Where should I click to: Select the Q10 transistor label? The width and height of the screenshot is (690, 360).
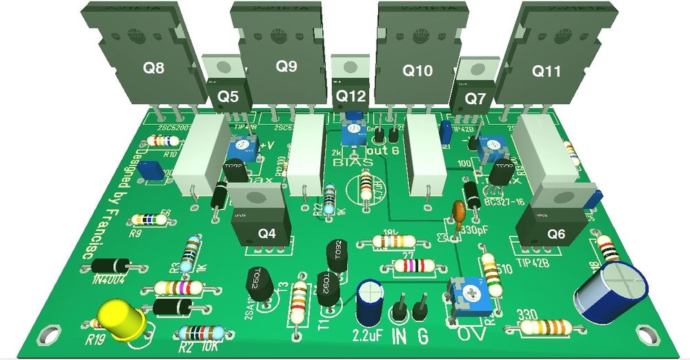pos(417,70)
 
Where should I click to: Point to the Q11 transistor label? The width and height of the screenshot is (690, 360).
pos(546,71)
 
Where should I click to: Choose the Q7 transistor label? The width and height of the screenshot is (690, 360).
pos(475,99)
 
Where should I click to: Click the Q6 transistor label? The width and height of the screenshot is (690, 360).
pos(556,234)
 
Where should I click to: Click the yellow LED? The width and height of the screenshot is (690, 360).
pos(120,319)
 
